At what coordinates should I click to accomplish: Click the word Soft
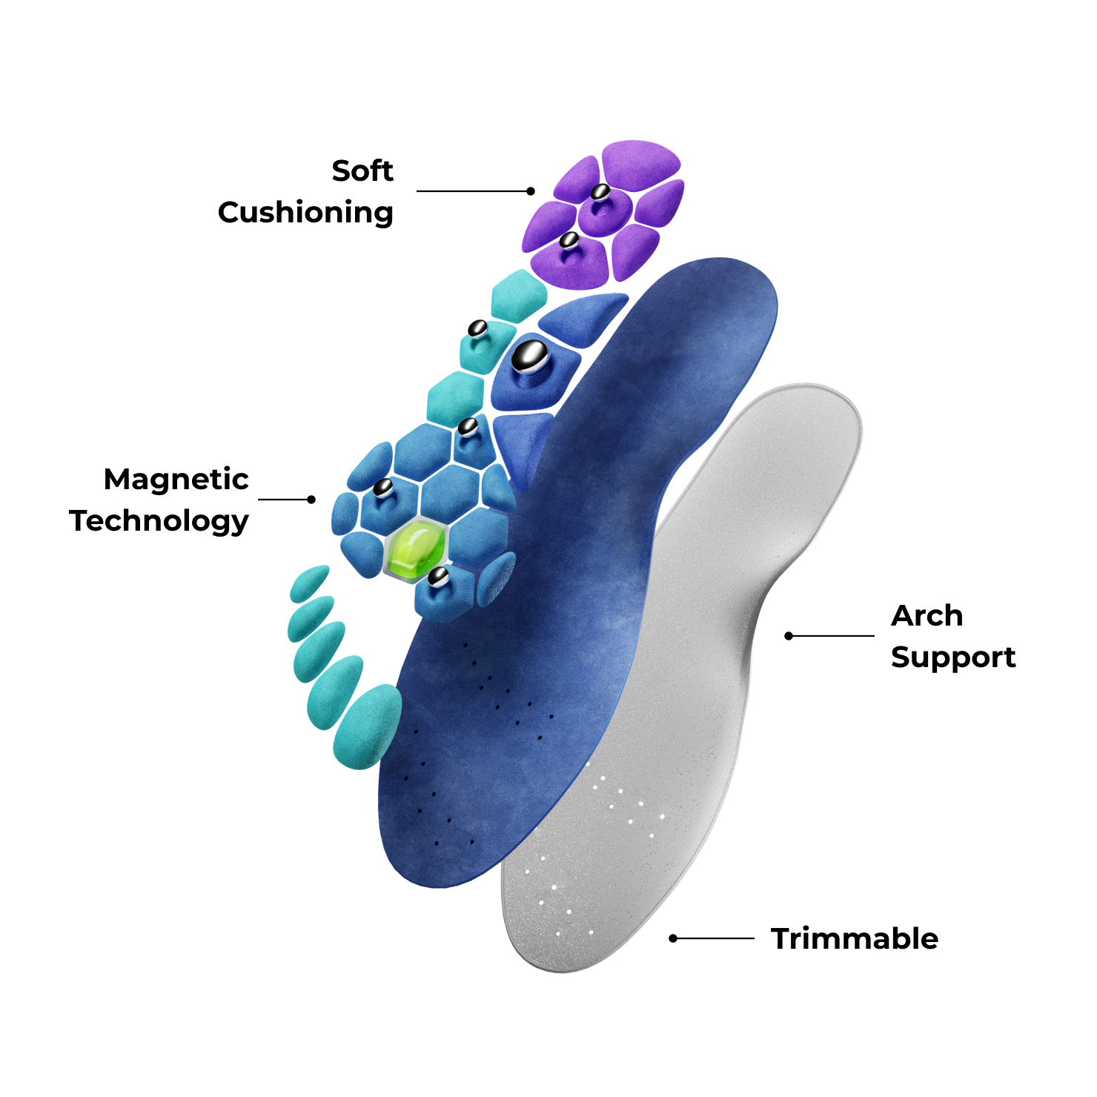point(362,170)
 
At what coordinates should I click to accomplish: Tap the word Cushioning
point(305,213)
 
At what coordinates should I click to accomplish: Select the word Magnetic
point(176,480)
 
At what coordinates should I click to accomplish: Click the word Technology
point(159,522)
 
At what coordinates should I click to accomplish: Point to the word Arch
point(927,615)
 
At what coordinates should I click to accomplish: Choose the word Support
point(953,658)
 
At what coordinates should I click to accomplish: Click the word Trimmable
point(855,938)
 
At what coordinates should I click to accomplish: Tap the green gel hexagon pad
point(415,550)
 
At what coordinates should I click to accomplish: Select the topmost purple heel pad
point(641,165)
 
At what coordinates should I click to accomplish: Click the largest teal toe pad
point(367,726)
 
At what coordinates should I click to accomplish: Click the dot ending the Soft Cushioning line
point(531,191)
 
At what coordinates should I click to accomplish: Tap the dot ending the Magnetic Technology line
point(311,500)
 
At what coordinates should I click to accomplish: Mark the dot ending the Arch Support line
point(789,636)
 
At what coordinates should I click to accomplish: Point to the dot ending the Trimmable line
point(673,938)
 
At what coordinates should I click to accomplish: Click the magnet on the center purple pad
point(600,192)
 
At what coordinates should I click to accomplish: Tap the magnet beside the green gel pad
point(438,576)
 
